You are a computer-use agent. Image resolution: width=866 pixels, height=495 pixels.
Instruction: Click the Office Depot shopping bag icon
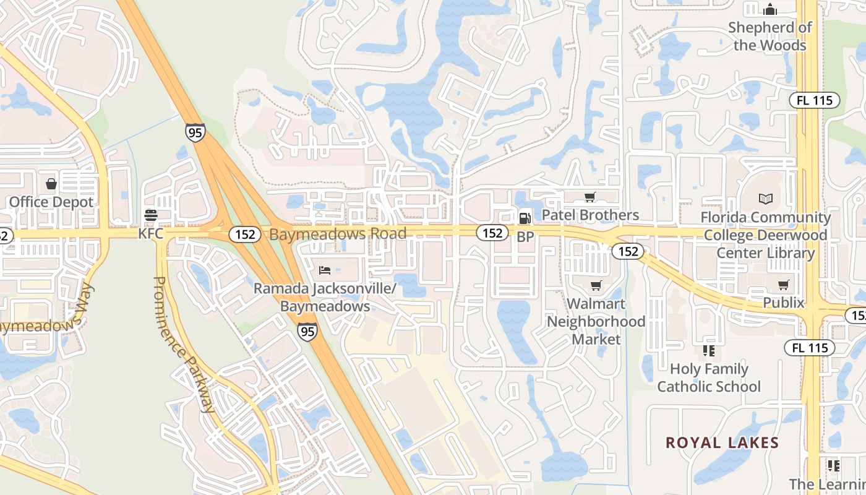(51, 184)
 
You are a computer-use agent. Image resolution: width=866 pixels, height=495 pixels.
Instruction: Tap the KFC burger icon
(150, 215)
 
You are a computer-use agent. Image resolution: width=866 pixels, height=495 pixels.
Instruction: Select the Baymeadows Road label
(338, 234)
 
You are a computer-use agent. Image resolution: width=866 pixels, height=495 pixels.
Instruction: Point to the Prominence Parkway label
(184, 344)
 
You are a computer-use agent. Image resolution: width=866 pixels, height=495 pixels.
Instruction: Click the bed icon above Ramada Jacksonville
(325, 270)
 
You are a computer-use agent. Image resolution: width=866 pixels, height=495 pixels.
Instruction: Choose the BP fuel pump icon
(525, 217)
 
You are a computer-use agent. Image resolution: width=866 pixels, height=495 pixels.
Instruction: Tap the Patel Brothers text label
(590, 215)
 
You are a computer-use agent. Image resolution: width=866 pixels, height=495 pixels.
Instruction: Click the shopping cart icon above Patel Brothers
(590, 197)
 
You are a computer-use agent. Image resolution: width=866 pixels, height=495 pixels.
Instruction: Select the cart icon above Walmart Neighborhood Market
(596, 285)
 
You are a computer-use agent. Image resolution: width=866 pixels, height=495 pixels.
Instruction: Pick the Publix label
(783, 303)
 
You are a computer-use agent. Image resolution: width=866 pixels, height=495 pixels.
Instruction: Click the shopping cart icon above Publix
(784, 285)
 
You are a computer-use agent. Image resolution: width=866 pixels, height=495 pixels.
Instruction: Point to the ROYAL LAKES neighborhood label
(722, 443)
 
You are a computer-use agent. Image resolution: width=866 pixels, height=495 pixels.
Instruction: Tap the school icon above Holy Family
(709, 351)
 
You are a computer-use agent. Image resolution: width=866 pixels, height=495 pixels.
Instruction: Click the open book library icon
(766, 199)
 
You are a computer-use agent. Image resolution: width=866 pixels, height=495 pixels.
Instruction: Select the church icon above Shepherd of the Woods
(770, 9)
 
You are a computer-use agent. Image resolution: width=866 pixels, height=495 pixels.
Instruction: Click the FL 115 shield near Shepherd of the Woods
(814, 100)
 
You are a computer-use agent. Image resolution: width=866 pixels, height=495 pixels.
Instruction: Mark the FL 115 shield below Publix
(810, 348)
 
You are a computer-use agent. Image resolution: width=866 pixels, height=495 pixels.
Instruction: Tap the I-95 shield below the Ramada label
(307, 332)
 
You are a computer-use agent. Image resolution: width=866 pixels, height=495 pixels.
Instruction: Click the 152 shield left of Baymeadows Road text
(245, 235)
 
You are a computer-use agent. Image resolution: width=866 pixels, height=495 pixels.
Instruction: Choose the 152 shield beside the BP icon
(492, 233)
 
